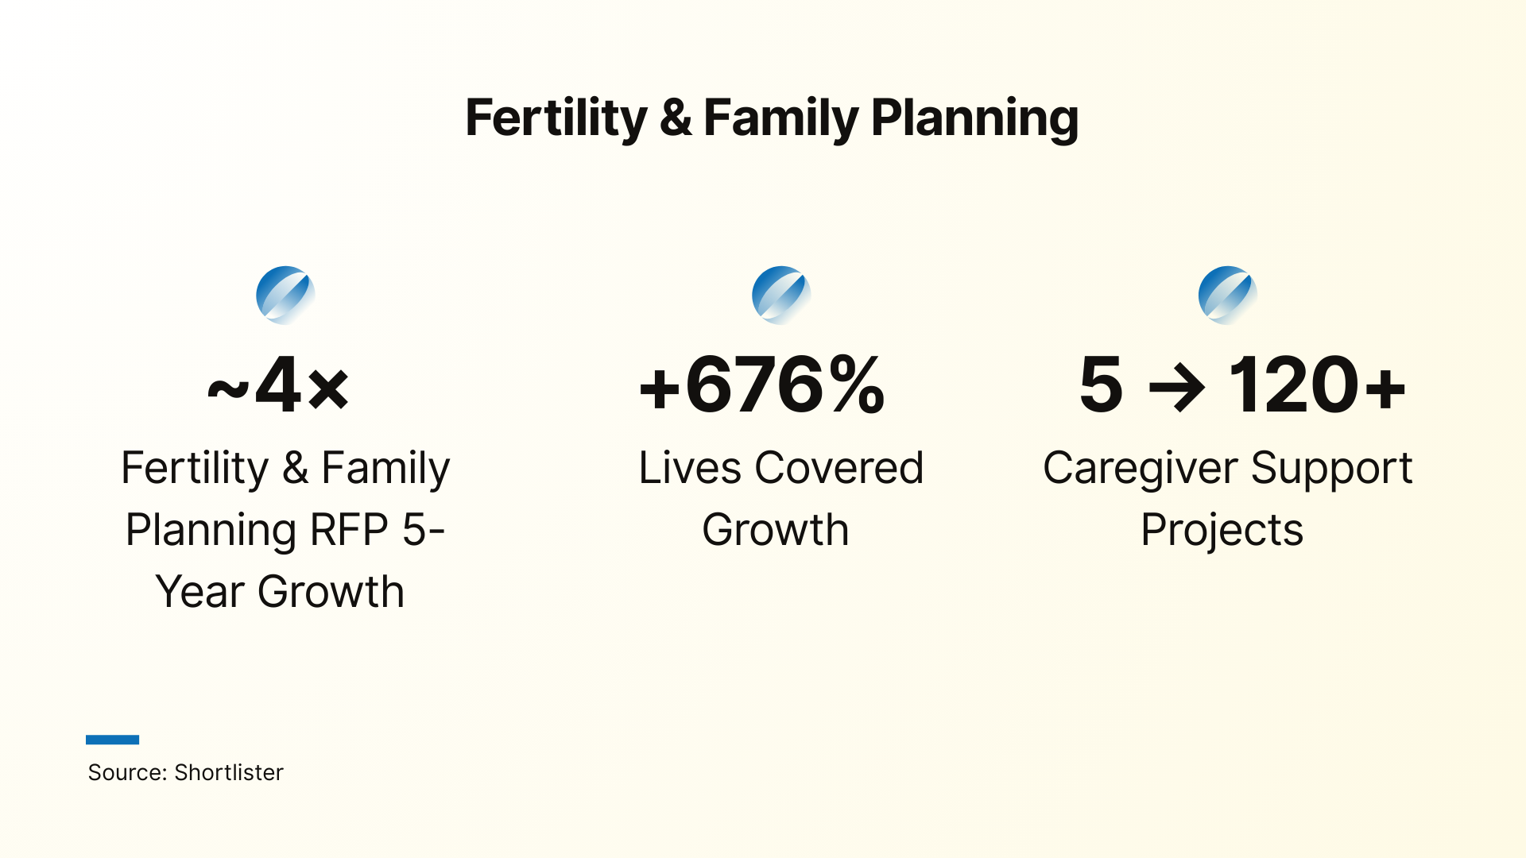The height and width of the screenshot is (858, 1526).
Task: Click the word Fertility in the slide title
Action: pos(556,118)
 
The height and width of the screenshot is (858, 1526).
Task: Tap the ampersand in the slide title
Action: pos(675,118)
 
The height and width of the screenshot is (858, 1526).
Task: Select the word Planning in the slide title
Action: pos(974,118)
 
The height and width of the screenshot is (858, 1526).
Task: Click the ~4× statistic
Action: pos(278,385)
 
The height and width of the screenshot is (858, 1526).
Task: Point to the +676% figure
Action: pos(761,385)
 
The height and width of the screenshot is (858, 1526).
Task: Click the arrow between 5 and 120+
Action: pos(1176,387)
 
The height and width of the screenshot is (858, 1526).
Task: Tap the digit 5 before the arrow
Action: pos(1101,385)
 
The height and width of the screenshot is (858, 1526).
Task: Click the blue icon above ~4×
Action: pos(285,295)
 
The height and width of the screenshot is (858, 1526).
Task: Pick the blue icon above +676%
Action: pos(781,295)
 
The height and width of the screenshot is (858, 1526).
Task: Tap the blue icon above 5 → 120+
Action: pos(1227,295)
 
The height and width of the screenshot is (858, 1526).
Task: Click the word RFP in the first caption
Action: pos(349,530)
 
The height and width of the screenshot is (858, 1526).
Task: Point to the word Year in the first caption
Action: pos(199,592)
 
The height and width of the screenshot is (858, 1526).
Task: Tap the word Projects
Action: pos(1222,530)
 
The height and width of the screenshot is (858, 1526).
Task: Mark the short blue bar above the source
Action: pos(112,740)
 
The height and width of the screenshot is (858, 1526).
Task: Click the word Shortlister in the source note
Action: pos(229,772)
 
